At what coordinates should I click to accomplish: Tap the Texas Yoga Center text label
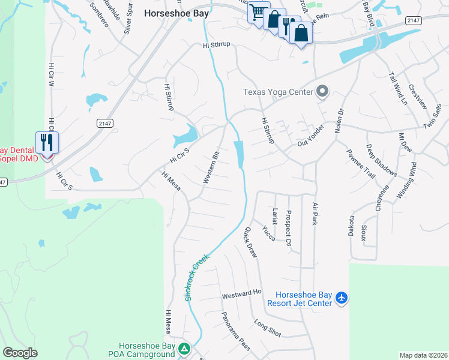coord(278,92)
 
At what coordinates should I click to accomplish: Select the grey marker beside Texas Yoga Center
coord(322,92)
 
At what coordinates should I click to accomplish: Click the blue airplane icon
coord(342,298)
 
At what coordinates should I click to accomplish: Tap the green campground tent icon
coord(184,349)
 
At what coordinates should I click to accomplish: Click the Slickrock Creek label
coord(197,277)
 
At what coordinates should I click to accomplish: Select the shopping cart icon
coord(258,13)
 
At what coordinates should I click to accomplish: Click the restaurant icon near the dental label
coord(46,143)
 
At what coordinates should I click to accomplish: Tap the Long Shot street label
coord(267,328)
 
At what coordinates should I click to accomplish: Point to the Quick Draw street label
coord(250,242)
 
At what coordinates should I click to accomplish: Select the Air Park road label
coord(315,214)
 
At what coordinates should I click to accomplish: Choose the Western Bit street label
coord(212,167)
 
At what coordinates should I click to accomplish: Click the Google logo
coord(20,353)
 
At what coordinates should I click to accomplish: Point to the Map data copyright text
coord(423,355)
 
